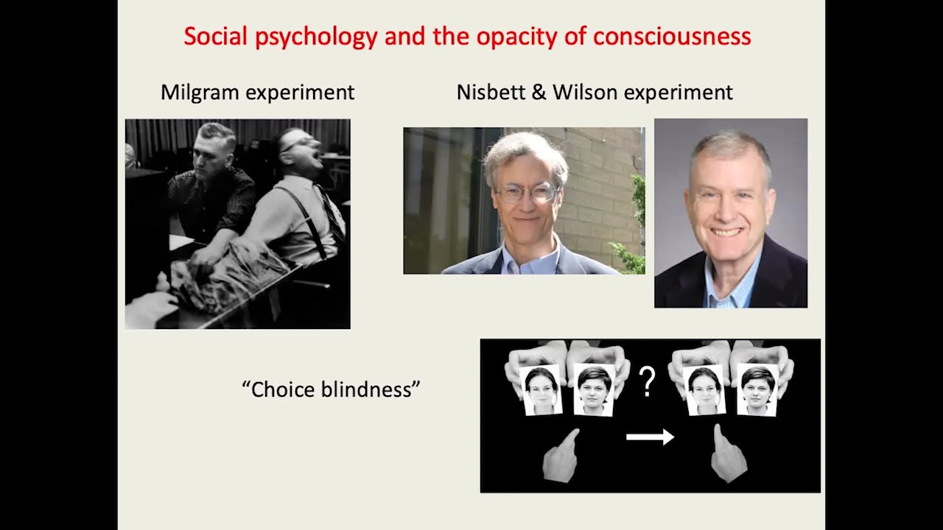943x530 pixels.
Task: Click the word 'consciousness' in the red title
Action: point(672,36)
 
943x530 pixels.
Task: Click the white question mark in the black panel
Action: point(647,381)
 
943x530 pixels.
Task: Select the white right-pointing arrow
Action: point(651,437)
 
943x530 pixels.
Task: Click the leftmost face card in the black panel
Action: point(541,390)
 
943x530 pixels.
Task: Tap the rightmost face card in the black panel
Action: point(757,390)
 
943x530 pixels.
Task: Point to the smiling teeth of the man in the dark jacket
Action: point(726,232)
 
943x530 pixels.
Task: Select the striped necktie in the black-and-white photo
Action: point(332,214)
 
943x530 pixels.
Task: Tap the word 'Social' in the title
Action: point(215,36)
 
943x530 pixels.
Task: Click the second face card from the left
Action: point(594,390)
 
